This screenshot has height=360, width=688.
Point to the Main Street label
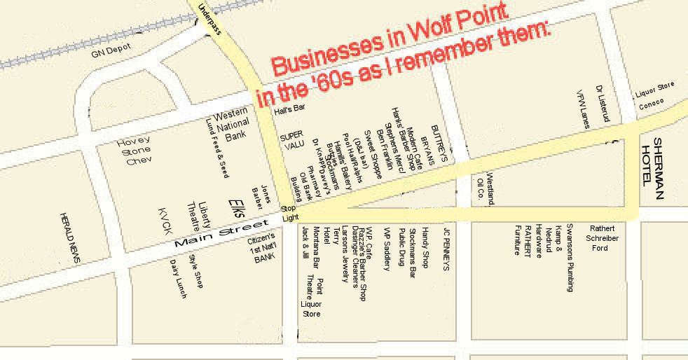pyautogui.click(x=211, y=236)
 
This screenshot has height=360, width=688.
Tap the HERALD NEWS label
pyautogui.click(x=70, y=238)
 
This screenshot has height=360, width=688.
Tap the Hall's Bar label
pyautogui.click(x=290, y=109)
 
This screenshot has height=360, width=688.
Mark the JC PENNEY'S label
pyautogui.click(x=446, y=249)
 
